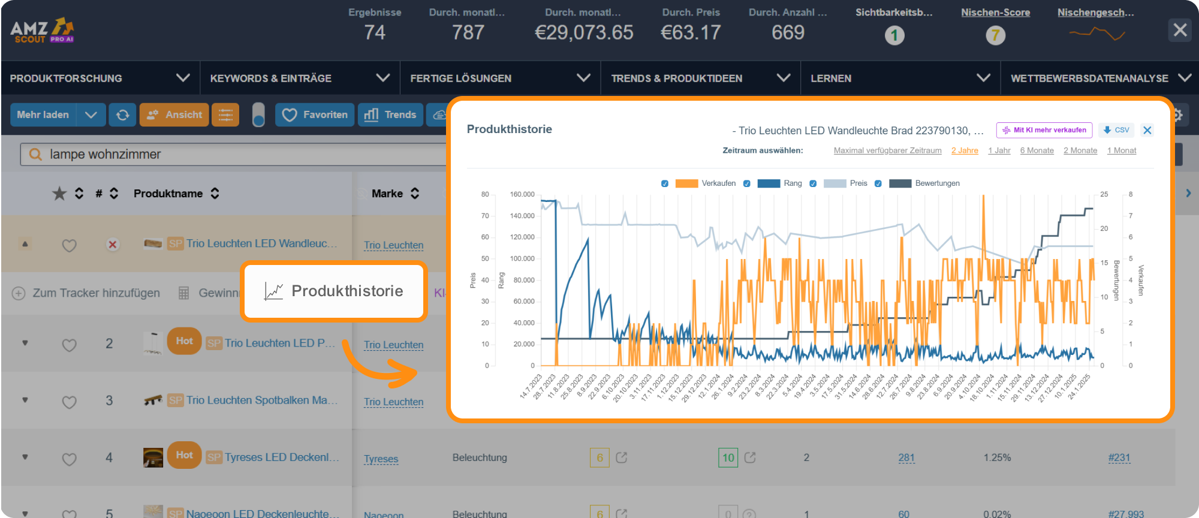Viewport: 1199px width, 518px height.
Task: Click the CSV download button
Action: pyautogui.click(x=1116, y=130)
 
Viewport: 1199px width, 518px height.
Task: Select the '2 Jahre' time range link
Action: pyautogui.click(x=964, y=150)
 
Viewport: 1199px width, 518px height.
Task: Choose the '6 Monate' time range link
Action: pyautogui.click(x=1037, y=150)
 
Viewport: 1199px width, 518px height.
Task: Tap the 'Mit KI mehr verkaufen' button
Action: pyautogui.click(x=1044, y=130)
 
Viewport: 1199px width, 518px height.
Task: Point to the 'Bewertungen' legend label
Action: pyautogui.click(x=937, y=183)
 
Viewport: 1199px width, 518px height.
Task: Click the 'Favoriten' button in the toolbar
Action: pyautogui.click(x=315, y=115)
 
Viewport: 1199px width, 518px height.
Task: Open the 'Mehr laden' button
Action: pyautogui.click(x=43, y=115)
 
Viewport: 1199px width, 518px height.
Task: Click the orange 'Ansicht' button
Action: pyautogui.click(x=174, y=115)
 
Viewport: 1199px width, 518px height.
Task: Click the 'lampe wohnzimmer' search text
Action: pyautogui.click(x=106, y=155)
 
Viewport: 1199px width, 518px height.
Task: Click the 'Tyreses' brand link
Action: pyautogui.click(x=381, y=459)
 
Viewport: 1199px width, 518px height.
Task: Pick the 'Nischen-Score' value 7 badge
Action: pyautogui.click(x=995, y=35)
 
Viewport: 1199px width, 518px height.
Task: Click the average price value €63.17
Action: pyautogui.click(x=691, y=32)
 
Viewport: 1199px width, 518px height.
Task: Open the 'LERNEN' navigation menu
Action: pyautogui.click(x=831, y=79)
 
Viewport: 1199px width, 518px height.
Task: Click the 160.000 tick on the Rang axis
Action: pyautogui.click(x=522, y=194)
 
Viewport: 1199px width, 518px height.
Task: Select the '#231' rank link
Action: pyautogui.click(x=1119, y=458)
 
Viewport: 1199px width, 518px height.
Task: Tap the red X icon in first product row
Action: pyautogui.click(x=112, y=245)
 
